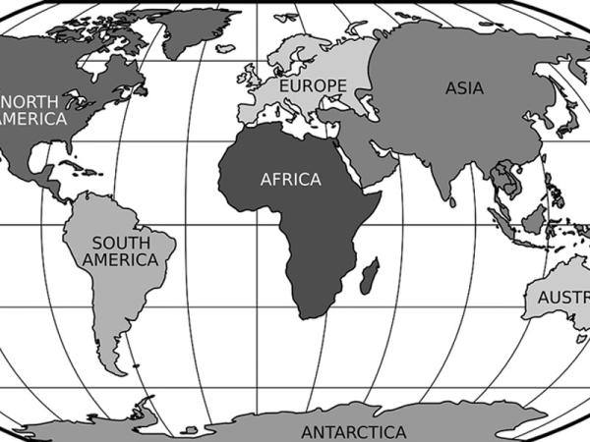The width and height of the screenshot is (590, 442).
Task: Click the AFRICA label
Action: [290, 180]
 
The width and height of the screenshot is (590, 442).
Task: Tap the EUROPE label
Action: [313, 86]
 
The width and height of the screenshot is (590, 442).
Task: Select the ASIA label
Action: [463, 87]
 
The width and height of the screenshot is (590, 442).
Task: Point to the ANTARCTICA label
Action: [353, 432]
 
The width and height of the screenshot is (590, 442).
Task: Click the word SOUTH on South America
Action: [121, 243]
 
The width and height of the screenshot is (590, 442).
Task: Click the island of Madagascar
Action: [370, 276]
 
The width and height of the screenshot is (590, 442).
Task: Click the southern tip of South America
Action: [117, 368]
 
